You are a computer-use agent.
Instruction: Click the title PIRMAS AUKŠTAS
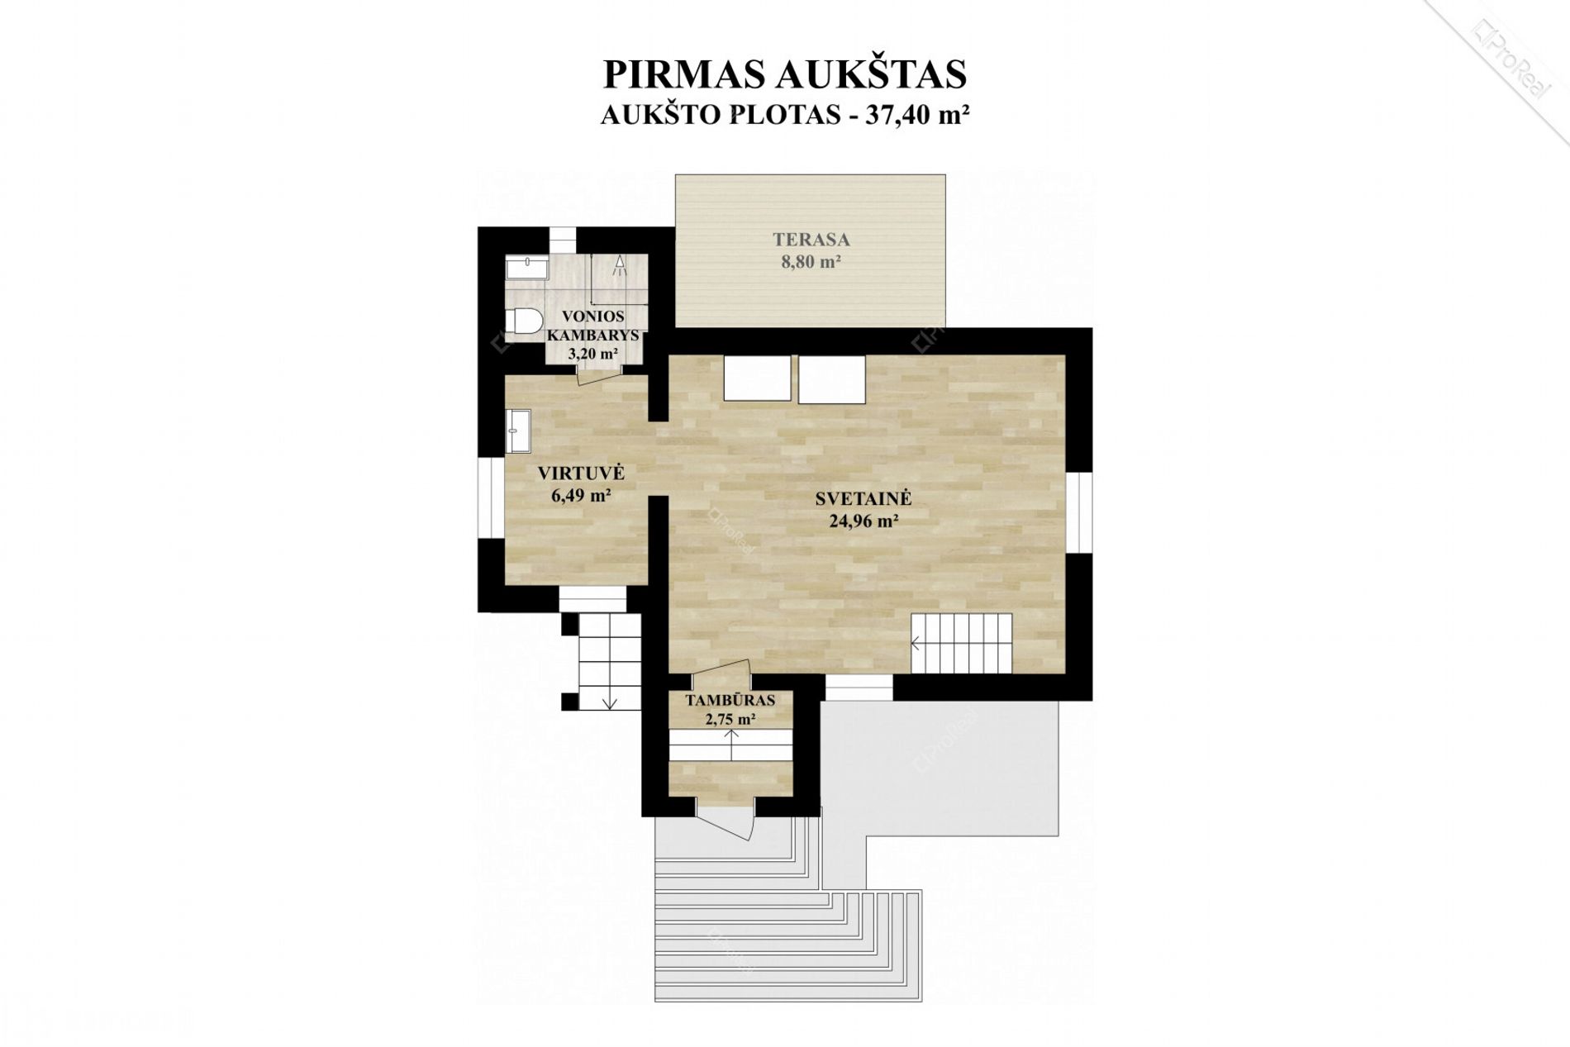[x=785, y=74]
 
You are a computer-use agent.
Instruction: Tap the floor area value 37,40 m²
[x=916, y=115]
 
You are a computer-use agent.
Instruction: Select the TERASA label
[x=811, y=240]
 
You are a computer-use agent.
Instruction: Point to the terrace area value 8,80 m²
[x=811, y=262]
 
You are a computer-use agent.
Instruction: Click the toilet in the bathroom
[x=524, y=321]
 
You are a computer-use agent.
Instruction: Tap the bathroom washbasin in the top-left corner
[x=526, y=269]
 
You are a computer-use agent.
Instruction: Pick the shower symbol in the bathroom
[x=619, y=265]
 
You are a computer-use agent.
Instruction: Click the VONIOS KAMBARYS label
[x=592, y=326]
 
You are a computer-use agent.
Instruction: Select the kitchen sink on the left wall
[x=519, y=431]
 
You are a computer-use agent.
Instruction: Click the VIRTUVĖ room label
[x=581, y=474]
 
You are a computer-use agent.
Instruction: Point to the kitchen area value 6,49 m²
[x=581, y=496]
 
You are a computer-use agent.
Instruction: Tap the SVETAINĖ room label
[x=863, y=498]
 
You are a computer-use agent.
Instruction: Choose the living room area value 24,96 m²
[x=863, y=521]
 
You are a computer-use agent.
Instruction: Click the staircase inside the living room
[x=962, y=644]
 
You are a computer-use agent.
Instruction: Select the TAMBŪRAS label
[x=730, y=701]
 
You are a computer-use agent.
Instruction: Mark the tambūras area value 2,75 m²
[x=730, y=719]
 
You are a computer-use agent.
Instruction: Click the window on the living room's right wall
[x=1078, y=512]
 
